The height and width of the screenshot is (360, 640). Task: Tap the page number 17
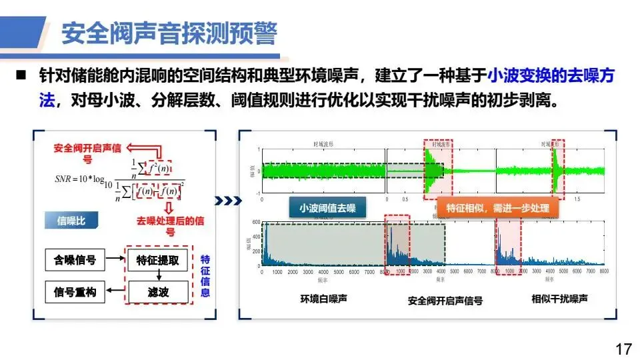(x=623, y=349)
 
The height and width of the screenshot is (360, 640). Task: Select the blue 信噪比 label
(x=71, y=221)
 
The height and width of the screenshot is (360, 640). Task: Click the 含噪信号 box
(x=75, y=260)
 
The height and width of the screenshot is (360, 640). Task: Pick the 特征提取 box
(x=157, y=260)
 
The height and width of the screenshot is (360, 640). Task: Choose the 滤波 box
(x=157, y=291)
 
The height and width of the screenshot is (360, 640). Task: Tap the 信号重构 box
(x=75, y=291)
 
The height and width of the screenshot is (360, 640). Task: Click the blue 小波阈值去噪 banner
(x=327, y=208)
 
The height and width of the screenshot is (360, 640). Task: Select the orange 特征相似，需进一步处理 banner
(x=497, y=208)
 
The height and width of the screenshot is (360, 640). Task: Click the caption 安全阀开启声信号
(x=445, y=301)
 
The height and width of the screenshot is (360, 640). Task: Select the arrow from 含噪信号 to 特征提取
(x=116, y=260)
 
